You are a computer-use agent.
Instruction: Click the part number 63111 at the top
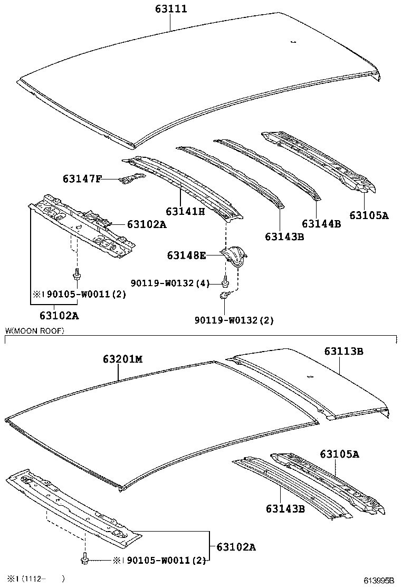170,9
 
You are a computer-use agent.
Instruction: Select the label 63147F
82,179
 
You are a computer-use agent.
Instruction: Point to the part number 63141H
185,211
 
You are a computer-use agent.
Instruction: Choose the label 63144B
321,224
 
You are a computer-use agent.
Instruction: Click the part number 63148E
186,255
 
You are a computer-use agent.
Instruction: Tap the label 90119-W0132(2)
234,320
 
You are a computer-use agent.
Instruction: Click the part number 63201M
122,359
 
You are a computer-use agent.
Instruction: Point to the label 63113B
343,351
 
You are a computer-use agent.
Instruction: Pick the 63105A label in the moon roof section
339,454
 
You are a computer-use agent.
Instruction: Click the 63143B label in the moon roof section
285,509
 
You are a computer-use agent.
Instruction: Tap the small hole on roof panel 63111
293,41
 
